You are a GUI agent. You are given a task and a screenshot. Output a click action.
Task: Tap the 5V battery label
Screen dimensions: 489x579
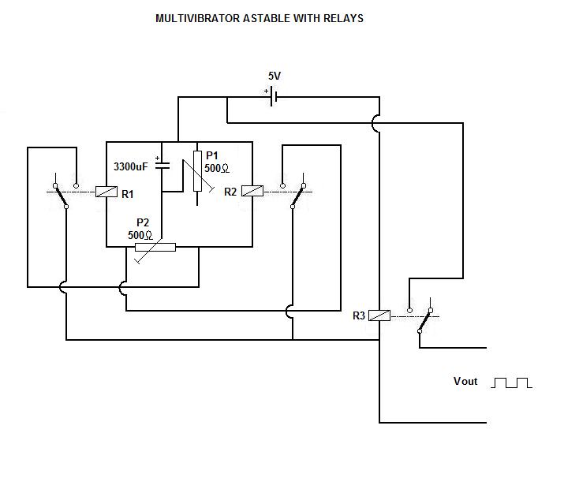pyautogui.click(x=274, y=77)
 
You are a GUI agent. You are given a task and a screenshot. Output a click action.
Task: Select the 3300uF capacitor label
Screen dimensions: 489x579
pyautogui.click(x=131, y=167)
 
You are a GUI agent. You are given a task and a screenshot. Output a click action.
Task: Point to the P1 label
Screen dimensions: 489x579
pyautogui.click(x=212, y=156)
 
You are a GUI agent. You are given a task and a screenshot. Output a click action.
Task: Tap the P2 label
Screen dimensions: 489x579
pyautogui.click(x=144, y=223)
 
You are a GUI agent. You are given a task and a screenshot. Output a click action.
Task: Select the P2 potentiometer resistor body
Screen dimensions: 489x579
pyautogui.click(x=154, y=247)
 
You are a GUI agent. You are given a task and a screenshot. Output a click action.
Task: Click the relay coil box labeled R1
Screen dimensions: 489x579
pyautogui.click(x=106, y=191)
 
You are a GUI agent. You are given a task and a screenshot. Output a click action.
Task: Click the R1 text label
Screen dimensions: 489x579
pyautogui.click(x=127, y=192)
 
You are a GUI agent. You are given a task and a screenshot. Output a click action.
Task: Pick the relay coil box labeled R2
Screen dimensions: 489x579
pyautogui.click(x=252, y=191)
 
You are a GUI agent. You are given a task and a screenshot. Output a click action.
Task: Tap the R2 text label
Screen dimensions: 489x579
pyautogui.click(x=230, y=192)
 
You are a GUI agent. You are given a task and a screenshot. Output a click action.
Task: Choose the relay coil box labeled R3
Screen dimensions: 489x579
pyautogui.click(x=380, y=315)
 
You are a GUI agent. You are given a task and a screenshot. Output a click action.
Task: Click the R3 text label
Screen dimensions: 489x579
pyautogui.click(x=359, y=315)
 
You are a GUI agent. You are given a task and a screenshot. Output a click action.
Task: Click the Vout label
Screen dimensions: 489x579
pyautogui.click(x=465, y=382)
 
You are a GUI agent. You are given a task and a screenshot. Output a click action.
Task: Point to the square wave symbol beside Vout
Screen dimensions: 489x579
pyautogui.click(x=512, y=383)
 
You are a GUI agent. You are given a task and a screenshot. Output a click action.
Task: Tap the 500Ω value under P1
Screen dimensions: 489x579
pyautogui.click(x=217, y=169)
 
